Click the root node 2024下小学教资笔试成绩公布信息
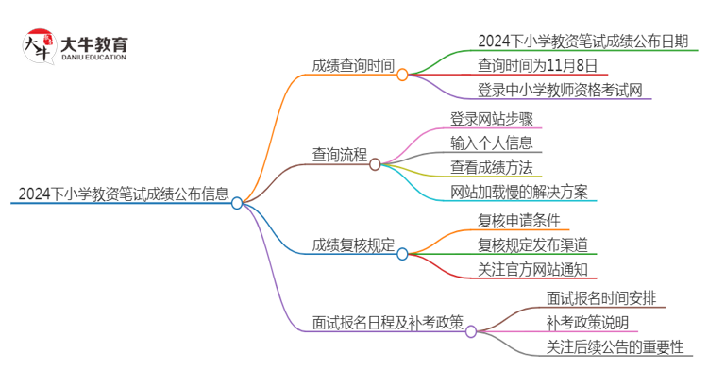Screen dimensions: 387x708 tap(123, 195)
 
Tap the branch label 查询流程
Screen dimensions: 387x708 tap(340, 155)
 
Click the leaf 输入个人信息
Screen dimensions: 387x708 tap(493, 143)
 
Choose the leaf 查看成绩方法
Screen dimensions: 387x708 tap(493, 167)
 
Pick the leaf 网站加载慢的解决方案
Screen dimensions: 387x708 tap(519, 192)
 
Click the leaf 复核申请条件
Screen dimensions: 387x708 tap(519, 222)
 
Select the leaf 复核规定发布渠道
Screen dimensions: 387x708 tap(532, 245)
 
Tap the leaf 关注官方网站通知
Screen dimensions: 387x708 tap(532, 270)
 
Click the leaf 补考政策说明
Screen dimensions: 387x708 tap(587, 323)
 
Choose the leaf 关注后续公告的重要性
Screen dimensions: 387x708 tap(614, 347)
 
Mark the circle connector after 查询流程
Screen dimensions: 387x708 tap(375, 164)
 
